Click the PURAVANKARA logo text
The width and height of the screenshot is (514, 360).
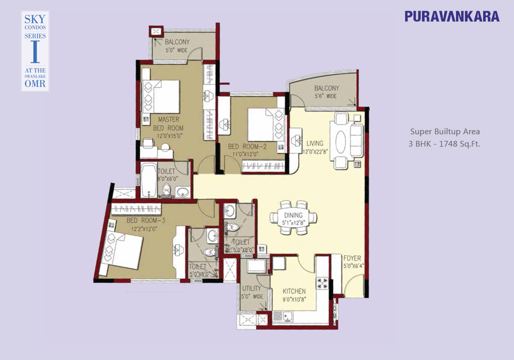pyautogui.click(x=452, y=16)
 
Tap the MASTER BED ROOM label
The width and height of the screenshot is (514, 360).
pyautogui.click(x=169, y=123)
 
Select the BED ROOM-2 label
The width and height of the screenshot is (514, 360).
pyautogui.click(x=247, y=146)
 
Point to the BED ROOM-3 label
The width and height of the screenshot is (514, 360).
pyautogui.click(x=146, y=220)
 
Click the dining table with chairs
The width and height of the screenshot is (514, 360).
pyautogui.click(x=293, y=218)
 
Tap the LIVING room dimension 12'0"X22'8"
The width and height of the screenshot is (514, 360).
pyautogui.click(x=316, y=152)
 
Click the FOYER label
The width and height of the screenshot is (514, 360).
pyautogui.click(x=352, y=258)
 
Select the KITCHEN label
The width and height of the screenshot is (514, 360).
pyautogui.click(x=294, y=291)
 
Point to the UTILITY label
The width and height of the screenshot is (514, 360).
pyautogui.click(x=251, y=289)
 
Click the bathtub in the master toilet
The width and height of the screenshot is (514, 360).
pyautogui.click(x=149, y=180)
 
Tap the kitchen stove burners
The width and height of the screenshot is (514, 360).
pyautogui.click(x=322, y=283)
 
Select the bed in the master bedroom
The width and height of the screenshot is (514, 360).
pyautogui.click(x=161, y=97)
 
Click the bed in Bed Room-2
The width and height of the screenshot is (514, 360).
pyautogui.click(x=266, y=124)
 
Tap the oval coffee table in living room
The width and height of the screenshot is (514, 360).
pyautogui.click(x=341, y=141)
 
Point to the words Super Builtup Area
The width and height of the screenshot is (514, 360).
pyautogui.click(x=445, y=132)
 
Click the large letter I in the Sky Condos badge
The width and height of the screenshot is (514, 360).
pyautogui.click(x=35, y=51)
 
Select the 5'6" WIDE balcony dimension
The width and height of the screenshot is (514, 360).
pyautogui.click(x=326, y=96)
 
